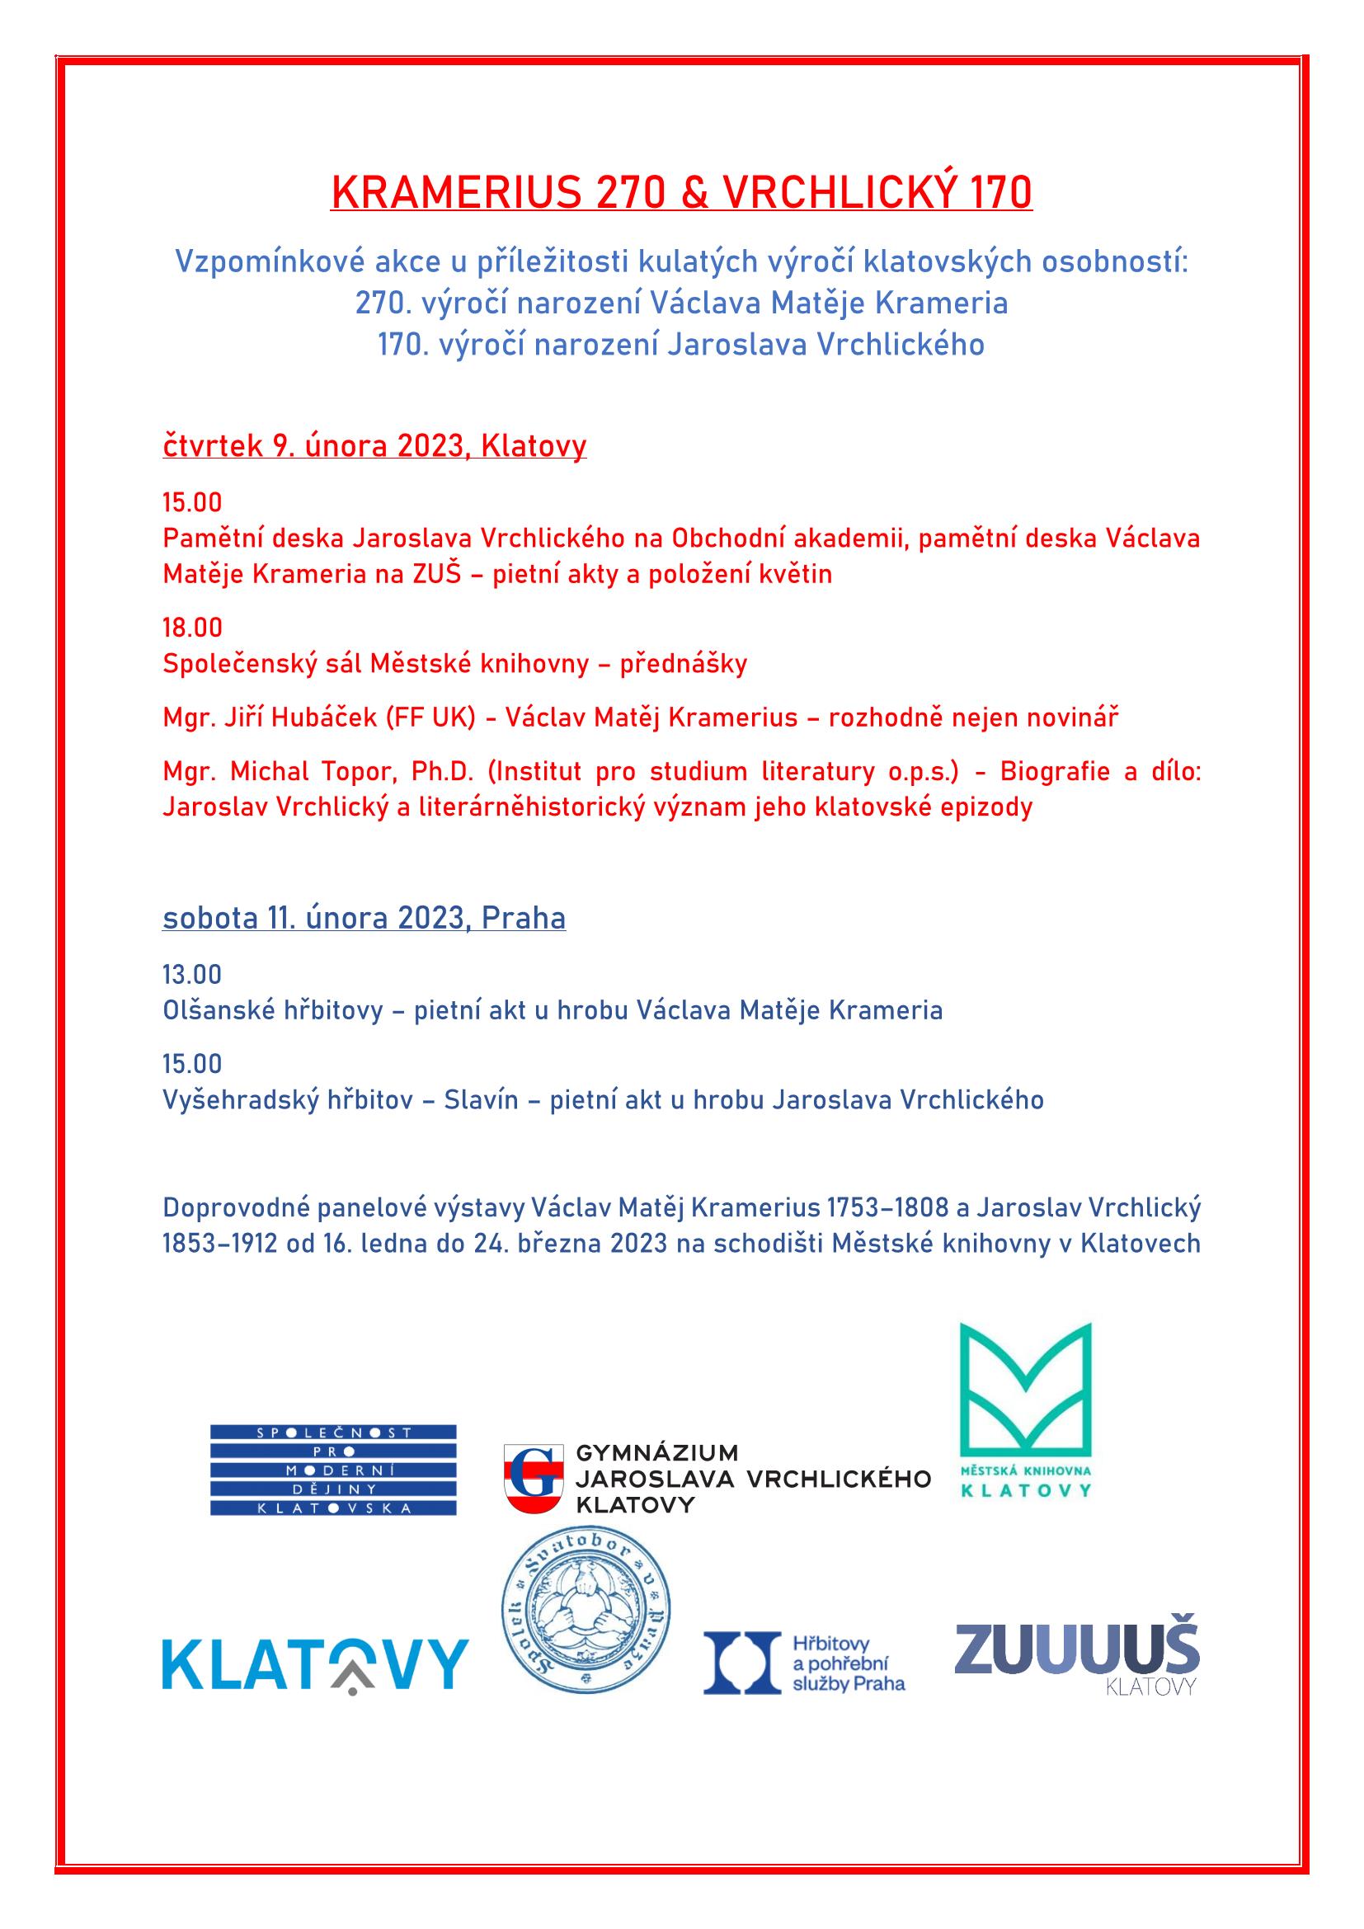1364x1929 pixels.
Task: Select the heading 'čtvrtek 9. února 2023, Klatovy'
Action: pyautogui.click(x=374, y=445)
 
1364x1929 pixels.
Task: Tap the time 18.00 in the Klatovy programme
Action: pyautogui.click(x=192, y=627)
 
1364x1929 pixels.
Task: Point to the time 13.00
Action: pyautogui.click(x=192, y=974)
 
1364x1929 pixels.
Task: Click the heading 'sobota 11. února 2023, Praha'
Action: pyautogui.click(x=364, y=917)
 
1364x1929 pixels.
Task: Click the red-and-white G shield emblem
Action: pyautogui.click(x=534, y=1478)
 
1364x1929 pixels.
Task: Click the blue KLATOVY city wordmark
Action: pyautogui.click(x=315, y=1663)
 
